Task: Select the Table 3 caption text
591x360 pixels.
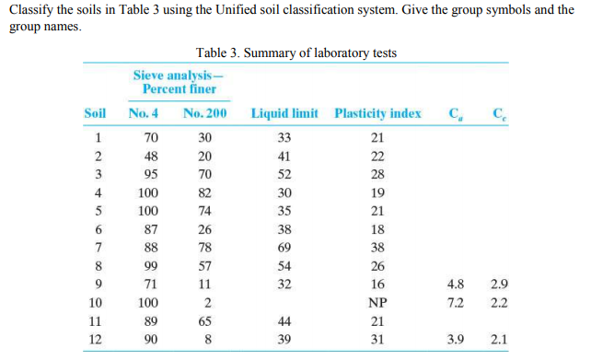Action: click(x=296, y=52)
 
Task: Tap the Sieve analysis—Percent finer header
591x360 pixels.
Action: click(x=180, y=82)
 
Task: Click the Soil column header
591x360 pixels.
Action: click(x=95, y=114)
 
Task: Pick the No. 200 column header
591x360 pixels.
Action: click(x=205, y=114)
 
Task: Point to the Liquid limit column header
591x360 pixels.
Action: click(x=284, y=114)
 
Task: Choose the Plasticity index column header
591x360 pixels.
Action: click(x=377, y=114)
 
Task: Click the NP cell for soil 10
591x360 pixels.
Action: click(x=377, y=302)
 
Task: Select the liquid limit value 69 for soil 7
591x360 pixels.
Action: click(x=284, y=248)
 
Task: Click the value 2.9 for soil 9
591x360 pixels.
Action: click(x=500, y=285)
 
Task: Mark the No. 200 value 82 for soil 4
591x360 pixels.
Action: click(x=205, y=193)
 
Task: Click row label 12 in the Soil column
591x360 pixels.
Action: click(x=95, y=338)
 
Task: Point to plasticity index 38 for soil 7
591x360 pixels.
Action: click(x=377, y=248)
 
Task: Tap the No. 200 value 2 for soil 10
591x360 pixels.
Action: click(x=205, y=302)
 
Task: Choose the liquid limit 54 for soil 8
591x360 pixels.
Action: click(x=284, y=266)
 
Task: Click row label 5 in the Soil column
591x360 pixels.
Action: click(x=95, y=212)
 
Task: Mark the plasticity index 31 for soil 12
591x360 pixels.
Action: click(x=377, y=338)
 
